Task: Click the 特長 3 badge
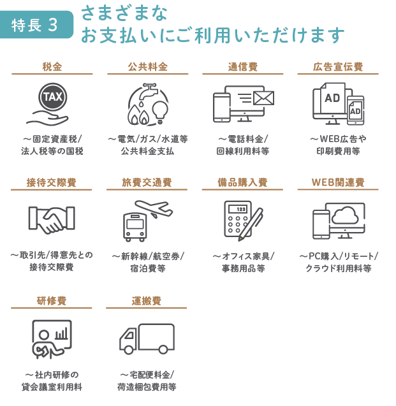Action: click(x=35, y=25)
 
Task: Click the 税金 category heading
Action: click(x=52, y=66)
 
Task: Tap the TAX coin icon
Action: click(x=52, y=97)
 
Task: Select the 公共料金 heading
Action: click(x=147, y=66)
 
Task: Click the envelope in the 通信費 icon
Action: click(x=263, y=98)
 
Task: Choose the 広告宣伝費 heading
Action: click(x=338, y=66)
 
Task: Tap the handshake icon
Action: click(x=52, y=219)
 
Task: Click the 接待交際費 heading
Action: click(x=52, y=182)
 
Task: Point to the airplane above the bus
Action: click(x=153, y=209)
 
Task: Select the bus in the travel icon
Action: click(x=135, y=227)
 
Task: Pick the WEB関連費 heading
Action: click(x=338, y=182)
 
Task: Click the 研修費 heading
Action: click(x=52, y=300)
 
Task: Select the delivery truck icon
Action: click(x=147, y=338)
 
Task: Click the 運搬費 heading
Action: click(x=147, y=300)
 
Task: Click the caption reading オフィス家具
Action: click(x=243, y=256)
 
